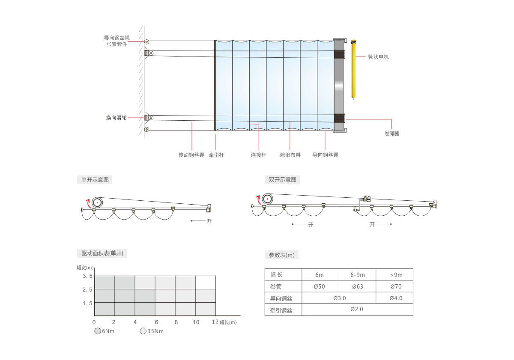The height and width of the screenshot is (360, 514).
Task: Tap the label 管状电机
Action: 378,57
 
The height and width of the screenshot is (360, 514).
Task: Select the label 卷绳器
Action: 391,134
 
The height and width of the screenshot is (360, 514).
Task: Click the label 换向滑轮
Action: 116,118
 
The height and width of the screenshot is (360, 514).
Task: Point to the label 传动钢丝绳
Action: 191,155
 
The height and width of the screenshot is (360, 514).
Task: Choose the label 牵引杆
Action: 216,155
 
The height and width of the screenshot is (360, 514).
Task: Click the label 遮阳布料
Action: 290,155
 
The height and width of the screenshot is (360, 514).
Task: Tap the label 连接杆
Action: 258,155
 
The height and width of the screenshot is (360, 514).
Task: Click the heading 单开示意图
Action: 95,179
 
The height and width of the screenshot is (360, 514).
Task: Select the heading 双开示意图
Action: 282,179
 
